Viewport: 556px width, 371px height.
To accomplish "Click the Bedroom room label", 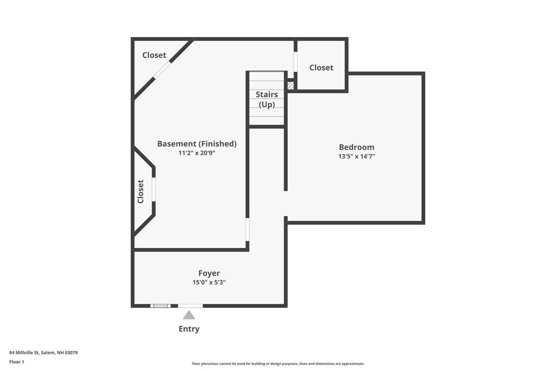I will [x=357, y=147].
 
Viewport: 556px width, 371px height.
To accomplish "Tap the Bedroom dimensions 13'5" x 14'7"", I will [x=357, y=156].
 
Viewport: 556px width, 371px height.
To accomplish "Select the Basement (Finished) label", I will [x=197, y=143].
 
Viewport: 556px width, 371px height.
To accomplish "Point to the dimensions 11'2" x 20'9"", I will [x=197, y=153].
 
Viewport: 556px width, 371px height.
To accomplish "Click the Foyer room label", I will [x=209, y=273].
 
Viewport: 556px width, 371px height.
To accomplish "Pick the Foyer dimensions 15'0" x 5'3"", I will [x=209, y=282].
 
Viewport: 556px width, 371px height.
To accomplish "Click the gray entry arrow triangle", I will [x=189, y=315].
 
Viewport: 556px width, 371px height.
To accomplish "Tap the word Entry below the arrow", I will [x=189, y=329].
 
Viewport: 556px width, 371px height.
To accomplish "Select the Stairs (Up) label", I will [x=267, y=99].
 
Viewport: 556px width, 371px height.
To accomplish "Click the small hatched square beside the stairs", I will [x=291, y=85].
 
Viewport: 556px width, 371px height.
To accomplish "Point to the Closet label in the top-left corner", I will [x=154, y=55].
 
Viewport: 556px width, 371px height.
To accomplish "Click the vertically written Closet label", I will [x=140, y=191].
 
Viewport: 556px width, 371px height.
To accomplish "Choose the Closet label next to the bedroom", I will [x=321, y=68].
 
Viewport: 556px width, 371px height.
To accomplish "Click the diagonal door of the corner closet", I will [x=162, y=70].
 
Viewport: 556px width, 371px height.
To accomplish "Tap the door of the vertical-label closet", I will [x=154, y=189].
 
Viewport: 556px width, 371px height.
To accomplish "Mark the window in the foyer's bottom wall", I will [x=161, y=306].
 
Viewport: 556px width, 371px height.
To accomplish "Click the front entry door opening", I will [x=190, y=306].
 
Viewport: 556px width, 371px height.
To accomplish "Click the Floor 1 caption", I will [x=17, y=362].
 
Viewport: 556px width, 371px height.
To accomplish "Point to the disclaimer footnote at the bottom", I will [x=278, y=364].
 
